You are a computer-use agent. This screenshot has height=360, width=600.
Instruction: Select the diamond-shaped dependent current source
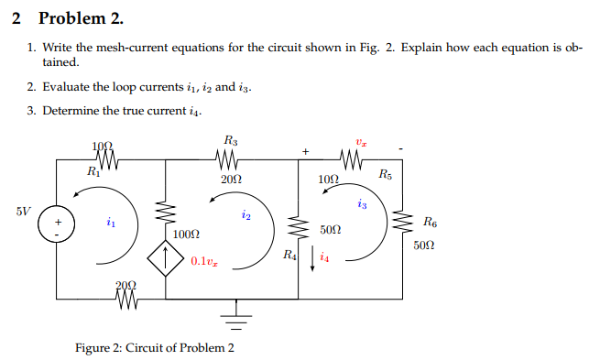pyautogui.click(x=166, y=260)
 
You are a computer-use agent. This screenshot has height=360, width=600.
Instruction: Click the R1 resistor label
pyautogui.click(x=93, y=171)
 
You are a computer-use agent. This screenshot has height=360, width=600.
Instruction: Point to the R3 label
pyautogui.click(x=230, y=140)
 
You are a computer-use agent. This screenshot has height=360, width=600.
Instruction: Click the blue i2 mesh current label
pyautogui.click(x=245, y=214)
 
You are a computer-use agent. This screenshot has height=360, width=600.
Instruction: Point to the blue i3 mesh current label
pyautogui.click(x=364, y=203)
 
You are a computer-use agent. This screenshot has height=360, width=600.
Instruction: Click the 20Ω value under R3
pyautogui.click(x=232, y=180)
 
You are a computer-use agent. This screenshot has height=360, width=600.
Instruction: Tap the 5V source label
pyautogui.click(x=24, y=210)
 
